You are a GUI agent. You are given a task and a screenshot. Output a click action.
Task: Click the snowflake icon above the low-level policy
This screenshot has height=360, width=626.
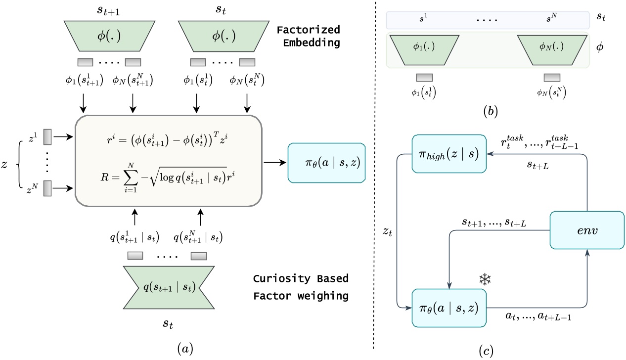click(x=485, y=280)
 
